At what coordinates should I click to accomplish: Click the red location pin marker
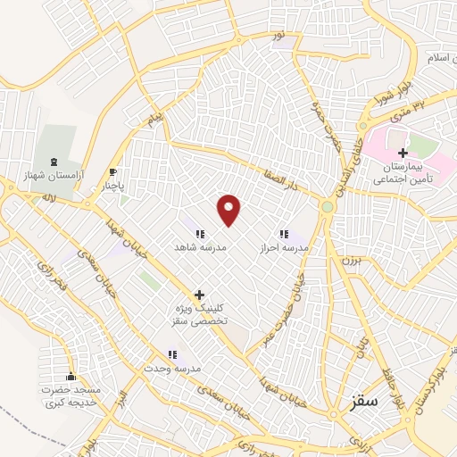229,209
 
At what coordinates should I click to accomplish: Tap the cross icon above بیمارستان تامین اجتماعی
403,153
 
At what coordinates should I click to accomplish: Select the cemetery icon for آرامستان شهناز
56,162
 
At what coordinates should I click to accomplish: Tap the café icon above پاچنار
112,172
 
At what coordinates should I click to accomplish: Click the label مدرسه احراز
284,246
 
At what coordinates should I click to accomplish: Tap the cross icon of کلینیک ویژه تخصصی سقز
199,294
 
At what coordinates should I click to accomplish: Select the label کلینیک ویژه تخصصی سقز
199,313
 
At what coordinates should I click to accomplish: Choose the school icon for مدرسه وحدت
172,353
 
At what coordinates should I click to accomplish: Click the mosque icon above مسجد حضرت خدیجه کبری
71,376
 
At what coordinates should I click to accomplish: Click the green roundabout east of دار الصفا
328,207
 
